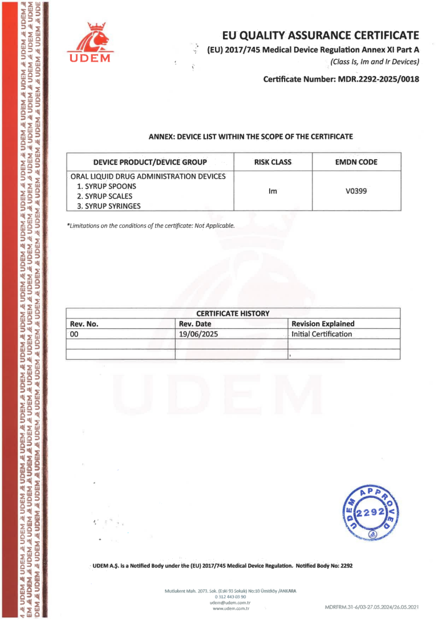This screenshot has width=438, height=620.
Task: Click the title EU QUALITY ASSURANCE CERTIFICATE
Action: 321,35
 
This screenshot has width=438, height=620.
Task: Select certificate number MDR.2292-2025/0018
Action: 341,79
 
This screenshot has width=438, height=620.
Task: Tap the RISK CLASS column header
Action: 273,162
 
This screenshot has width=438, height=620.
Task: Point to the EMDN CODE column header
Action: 356,162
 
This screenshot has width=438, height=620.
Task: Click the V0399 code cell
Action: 356,191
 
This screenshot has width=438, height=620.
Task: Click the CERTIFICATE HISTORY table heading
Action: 233,313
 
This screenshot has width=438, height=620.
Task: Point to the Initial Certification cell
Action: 322,334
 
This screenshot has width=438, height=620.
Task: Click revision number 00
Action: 74,334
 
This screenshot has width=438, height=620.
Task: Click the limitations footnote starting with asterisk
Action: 151,226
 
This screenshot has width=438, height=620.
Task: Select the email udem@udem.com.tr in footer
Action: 231,602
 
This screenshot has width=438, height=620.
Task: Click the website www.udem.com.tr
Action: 232,609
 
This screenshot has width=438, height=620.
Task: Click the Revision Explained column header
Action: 323,324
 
